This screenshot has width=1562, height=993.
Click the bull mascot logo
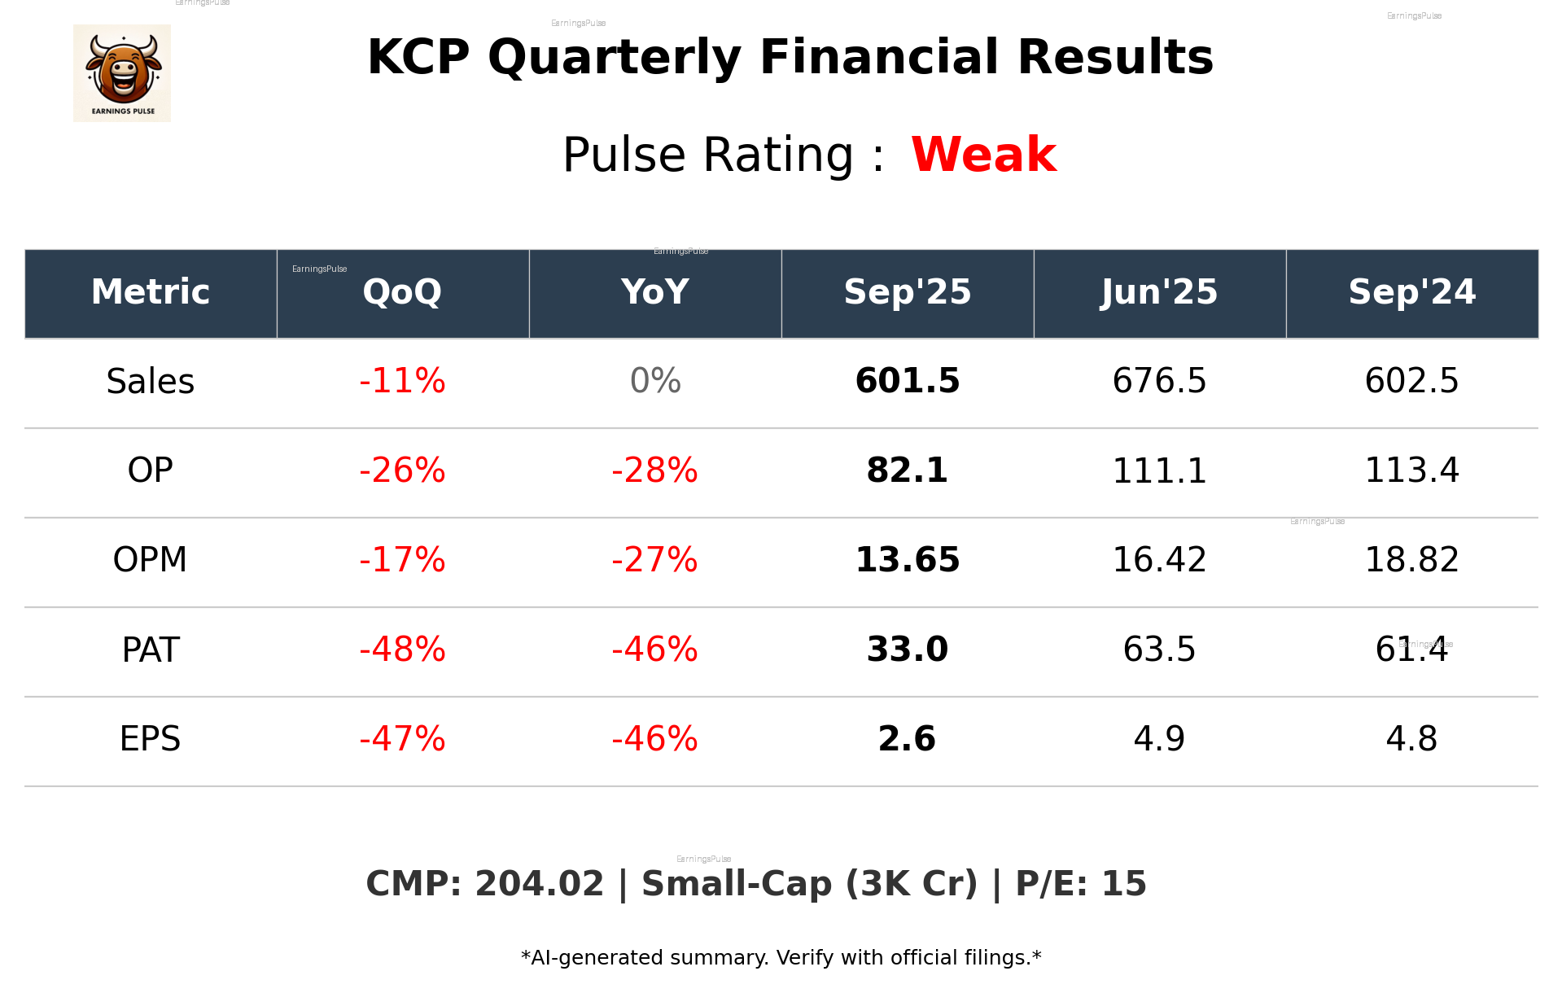(122, 72)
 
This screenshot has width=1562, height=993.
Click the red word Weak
(983, 155)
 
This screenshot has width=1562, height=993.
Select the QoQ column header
(402, 292)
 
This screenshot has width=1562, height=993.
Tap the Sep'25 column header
(907, 292)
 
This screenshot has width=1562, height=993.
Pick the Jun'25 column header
(1159, 292)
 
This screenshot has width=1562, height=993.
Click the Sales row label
(151, 381)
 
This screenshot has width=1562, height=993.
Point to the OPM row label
(151, 560)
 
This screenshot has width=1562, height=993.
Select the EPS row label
(151, 739)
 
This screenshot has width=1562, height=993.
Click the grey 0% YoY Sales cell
(655, 381)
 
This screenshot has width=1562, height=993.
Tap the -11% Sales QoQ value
(402, 381)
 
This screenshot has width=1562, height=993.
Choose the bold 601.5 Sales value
(907, 381)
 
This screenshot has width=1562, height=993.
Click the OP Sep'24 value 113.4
(1411, 470)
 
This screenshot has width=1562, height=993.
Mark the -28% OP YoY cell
(655, 470)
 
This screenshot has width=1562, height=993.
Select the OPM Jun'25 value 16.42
(1159, 560)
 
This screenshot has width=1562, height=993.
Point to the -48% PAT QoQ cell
(402, 650)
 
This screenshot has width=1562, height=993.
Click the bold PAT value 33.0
(907, 650)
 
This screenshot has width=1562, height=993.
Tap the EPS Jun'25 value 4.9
(1159, 739)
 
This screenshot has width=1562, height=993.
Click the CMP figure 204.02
(539, 884)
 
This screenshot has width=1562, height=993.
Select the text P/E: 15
(1081, 884)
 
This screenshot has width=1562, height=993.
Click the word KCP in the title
(418, 58)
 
